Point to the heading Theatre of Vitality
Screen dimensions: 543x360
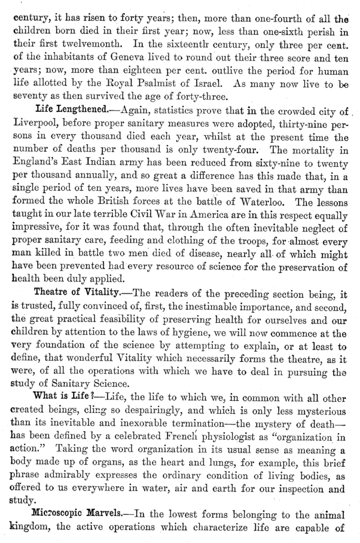(x=76, y=293)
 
